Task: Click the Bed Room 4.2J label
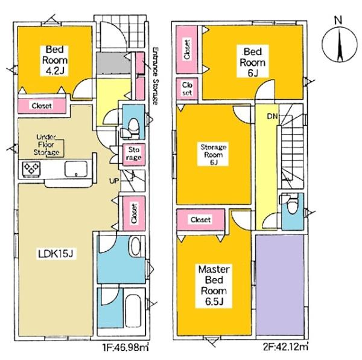pyautogui.click(x=55, y=60)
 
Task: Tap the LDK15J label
pyautogui.click(x=56, y=254)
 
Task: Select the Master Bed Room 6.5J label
pyautogui.click(x=214, y=285)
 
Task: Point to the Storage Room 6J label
pyautogui.click(x=214, y=155)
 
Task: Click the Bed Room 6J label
pyautogui.click(x=253, y=62)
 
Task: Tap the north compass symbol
pyautogui.click(x=339, y=42)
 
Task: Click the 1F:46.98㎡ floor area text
pyautogui.click(x=125, y=347)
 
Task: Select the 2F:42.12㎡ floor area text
pyautogui.click(x=285, y=347)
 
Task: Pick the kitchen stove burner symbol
pyautogui.click(x=31, y=169)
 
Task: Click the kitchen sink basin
pyautogui.click(x=76, y=169)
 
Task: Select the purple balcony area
pyautogui.click(x=279, y=284)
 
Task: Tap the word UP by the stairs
pyautogui.click(x=114, y=181)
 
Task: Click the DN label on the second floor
pyautogui.click(x=273, y=117)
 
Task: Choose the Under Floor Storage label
pyautogui.click(x=46, y=145)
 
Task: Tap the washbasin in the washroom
pyautogui.click(x=135, y=246)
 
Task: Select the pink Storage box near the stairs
pyautogui.click(x=134, y=155)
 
